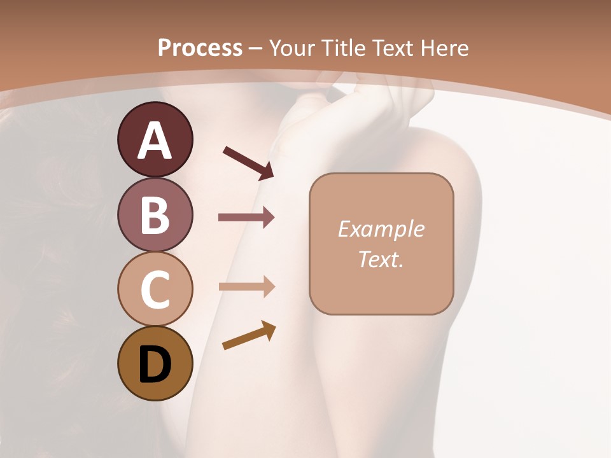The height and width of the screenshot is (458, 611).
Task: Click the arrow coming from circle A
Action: click(248, 162)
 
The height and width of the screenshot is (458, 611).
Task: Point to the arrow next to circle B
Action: click(246, 217)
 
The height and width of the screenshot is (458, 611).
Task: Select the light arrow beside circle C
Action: click(246, 287)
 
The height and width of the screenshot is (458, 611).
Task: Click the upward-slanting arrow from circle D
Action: click(249, 336)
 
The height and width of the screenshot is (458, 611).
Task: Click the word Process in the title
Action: click(200, 48)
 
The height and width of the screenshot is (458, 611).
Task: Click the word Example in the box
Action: click(381, 229)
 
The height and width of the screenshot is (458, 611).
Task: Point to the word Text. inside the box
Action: click(381, 259)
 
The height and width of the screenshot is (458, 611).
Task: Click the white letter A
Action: click(155, 141)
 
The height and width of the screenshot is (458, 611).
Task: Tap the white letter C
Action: click(155, 290)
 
